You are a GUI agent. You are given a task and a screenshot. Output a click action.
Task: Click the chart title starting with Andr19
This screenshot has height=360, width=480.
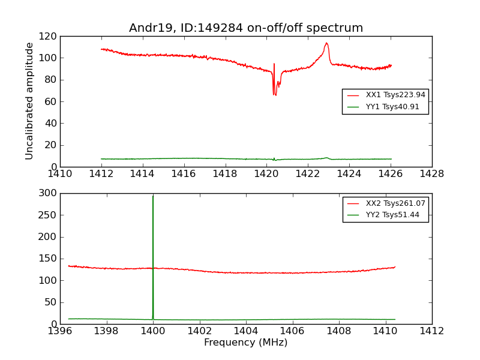[246, 28]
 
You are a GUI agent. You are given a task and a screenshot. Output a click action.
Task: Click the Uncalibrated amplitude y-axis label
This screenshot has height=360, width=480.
[30, 101]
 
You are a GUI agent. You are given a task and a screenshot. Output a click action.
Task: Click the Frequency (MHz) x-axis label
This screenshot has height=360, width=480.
[245, 343]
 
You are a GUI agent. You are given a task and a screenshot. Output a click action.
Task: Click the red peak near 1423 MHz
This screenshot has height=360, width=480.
[326, 44]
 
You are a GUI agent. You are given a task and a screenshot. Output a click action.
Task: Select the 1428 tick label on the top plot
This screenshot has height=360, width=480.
[431, 174]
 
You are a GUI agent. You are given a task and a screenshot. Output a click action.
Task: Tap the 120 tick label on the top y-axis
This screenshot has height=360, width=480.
[49, 37]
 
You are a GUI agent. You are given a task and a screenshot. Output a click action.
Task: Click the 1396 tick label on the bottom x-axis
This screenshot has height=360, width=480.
[60, 331]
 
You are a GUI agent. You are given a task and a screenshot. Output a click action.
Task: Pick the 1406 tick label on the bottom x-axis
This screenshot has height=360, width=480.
[292, 331]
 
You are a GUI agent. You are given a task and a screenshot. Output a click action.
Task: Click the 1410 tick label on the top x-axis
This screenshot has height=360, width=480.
[60, 174]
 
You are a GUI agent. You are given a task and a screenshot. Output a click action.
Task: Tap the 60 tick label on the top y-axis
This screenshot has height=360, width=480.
[50, 101]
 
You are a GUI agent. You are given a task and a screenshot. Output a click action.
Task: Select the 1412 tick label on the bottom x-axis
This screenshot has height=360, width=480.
[431, 331]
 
